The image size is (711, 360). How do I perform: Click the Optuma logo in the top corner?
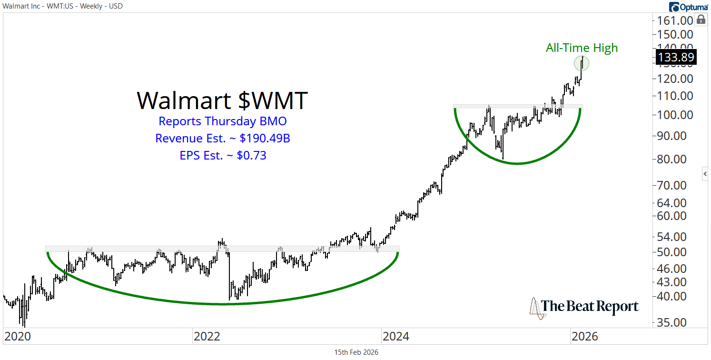[688, 7]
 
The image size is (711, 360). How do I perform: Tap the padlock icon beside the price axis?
[701, 20]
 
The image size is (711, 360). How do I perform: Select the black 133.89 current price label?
[675, 57]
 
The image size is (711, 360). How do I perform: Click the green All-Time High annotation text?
[582, 48]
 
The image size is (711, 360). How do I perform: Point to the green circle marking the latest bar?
[582, 63]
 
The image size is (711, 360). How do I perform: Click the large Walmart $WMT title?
[222, 100]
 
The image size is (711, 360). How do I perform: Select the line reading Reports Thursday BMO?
[222, 121]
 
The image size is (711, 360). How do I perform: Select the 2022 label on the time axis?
[207, 337]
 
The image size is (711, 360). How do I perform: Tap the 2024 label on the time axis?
[395, 337]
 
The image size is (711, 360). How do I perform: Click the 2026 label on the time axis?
[584, 337]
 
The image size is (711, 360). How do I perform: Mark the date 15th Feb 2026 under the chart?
[356, 352]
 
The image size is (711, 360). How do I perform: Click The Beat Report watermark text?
[590, 306]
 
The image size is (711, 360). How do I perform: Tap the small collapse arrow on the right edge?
[705, 174]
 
